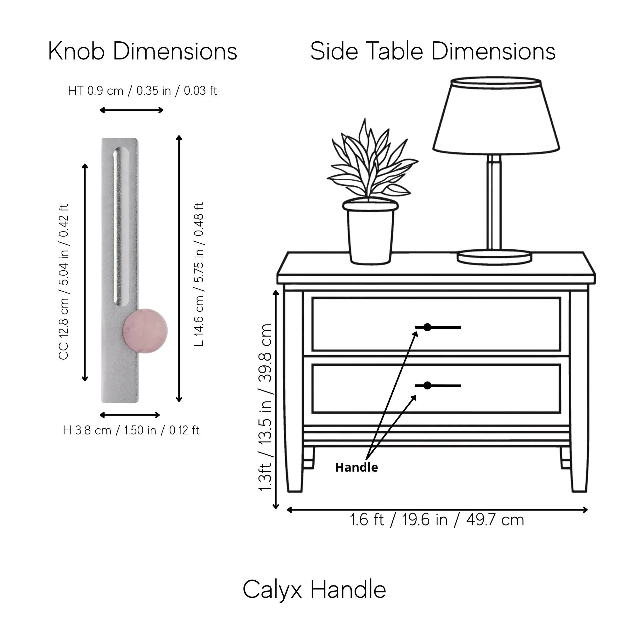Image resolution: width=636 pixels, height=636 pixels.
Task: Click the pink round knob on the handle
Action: tap(145, 331)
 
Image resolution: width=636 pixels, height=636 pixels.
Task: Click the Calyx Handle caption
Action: tap(315, 590)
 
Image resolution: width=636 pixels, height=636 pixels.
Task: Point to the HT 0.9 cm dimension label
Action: tap(142, 91)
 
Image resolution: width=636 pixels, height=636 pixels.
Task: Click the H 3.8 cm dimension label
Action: tap(131, 430)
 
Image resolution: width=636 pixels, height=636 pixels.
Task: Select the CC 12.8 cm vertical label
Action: tap(64, 282)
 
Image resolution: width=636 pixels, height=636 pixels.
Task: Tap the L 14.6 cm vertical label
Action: tap(199, 274)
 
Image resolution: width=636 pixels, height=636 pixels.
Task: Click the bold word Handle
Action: tap(356, 467)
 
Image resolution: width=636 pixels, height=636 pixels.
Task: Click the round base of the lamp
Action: tap(494, 257)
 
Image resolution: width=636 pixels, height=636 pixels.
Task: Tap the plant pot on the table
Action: tap(370, 232)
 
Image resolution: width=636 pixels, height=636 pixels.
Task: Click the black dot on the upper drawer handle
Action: tap(427, 327)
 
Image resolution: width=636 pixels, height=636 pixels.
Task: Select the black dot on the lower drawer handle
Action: tap(427, 385)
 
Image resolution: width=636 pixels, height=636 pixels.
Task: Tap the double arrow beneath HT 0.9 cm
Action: tap(131, 110)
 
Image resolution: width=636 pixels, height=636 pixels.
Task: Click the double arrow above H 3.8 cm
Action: tap(130, 415)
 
